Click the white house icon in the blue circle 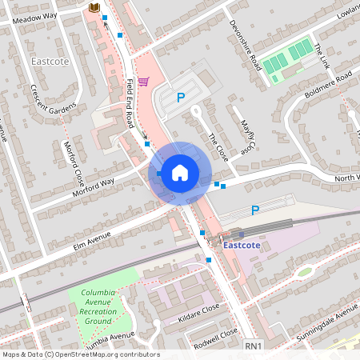coord(179,172)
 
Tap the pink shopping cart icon coord(143,81)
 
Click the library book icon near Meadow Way coord(94,7)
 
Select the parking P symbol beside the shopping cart coord(181,98)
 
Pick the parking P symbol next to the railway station coord(255,210)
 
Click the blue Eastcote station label coord(245,245)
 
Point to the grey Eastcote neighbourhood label coord(50,62)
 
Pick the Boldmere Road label coord(328,85)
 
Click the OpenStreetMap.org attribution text coord(111,354)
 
